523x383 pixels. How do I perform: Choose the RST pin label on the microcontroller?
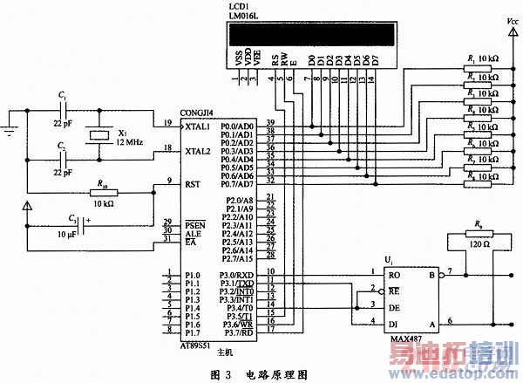pyautogui.click(x=194, y=184)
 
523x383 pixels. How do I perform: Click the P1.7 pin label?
pyautogui.click(x=193, y=333)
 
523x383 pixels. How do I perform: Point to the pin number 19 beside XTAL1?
pyautogui.click(x=169, y=121)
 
